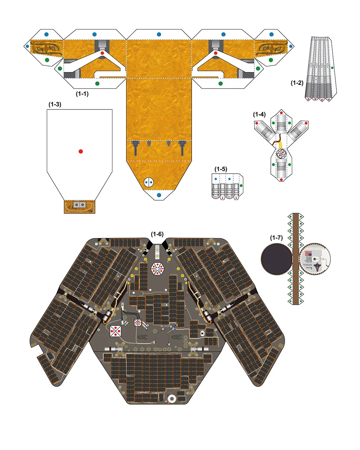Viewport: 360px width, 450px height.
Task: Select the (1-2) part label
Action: (297, 83)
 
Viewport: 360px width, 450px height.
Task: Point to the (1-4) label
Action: (259, 114)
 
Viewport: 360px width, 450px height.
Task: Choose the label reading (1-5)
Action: (220, 169)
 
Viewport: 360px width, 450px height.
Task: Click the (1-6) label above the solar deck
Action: (157, 234)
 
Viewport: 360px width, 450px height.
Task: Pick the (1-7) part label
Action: (276, 237)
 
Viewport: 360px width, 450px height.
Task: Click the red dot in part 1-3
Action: (81, 151)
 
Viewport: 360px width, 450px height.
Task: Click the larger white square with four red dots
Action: (117, 330)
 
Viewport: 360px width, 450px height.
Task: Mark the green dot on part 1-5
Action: (241, 185)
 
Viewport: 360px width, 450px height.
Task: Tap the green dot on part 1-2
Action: (333, 68)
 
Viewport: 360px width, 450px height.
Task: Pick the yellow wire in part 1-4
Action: (280, 144)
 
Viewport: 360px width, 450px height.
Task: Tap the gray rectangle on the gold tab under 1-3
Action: (79, 205)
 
